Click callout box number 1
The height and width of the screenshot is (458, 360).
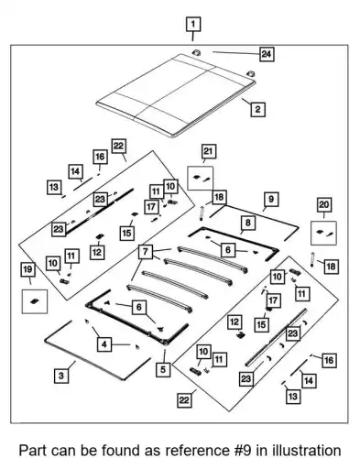pos(193,24)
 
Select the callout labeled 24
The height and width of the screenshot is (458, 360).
pos(267,54)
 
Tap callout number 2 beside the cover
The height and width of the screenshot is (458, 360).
pos(257,109)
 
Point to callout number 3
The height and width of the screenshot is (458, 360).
pos(61,376)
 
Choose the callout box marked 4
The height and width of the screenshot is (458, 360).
pos(104,344)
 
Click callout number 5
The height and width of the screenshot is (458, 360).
pos(163,369)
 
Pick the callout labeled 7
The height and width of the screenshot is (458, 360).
pos(146,252)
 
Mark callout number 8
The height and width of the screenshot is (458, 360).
pos(248,223)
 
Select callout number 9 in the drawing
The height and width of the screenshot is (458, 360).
pos(271,200)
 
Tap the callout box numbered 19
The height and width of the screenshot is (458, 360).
pos(27,269)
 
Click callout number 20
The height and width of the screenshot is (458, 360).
pos(324,205)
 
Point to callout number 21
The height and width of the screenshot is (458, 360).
pos(208,151)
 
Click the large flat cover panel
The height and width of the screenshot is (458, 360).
pos(176,95)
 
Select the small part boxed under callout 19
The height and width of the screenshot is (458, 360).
pos(35,301)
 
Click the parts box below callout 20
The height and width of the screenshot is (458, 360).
pos(323,234)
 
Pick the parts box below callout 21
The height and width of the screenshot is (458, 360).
pos(201,179)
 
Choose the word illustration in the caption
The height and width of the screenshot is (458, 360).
pos(306,451)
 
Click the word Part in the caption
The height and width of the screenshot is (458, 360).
pos(33,451)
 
